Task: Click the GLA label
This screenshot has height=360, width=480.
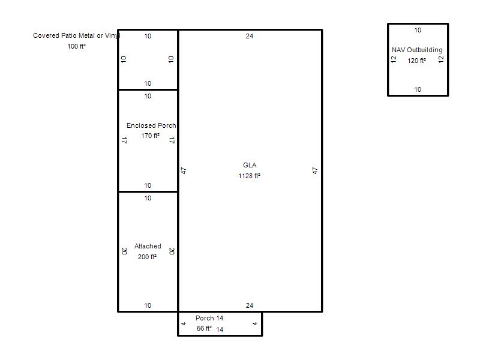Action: [x=250, y=165]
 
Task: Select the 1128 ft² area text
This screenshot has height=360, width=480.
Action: [x=249, y=176]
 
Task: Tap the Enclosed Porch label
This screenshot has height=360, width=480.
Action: [x=151, y=125]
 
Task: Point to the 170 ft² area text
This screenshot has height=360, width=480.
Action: [x=150, y=136]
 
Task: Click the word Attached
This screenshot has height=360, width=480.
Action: [x=148, y=246]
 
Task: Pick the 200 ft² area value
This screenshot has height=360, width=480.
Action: [x=147, y=257]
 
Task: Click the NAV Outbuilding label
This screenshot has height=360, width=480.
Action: [x=417, y=50]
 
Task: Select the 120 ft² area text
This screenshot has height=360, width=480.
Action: [x=416, y=61]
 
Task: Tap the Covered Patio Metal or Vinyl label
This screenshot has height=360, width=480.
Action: [x=77, y=35]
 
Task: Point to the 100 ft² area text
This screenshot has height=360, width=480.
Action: [x=77, y=46]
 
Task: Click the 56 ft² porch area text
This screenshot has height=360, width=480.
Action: [x=204, y=328]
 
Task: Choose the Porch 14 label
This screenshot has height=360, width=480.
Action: [x=209, y=318]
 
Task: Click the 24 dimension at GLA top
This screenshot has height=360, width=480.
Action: [x=250, y=36]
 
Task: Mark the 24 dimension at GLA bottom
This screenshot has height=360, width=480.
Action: [x=250, y=305]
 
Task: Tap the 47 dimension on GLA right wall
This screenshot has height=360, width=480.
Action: [x=315, y=171]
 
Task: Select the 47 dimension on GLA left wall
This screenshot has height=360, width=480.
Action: [x=184, y=171]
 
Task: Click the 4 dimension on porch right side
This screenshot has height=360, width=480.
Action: [x=254, y=323]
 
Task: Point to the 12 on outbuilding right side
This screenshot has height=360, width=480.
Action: [x=441, y=59]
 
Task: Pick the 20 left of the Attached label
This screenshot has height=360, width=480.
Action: [x=124, y=251]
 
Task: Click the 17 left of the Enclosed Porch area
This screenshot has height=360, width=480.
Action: [x=124, y=140]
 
